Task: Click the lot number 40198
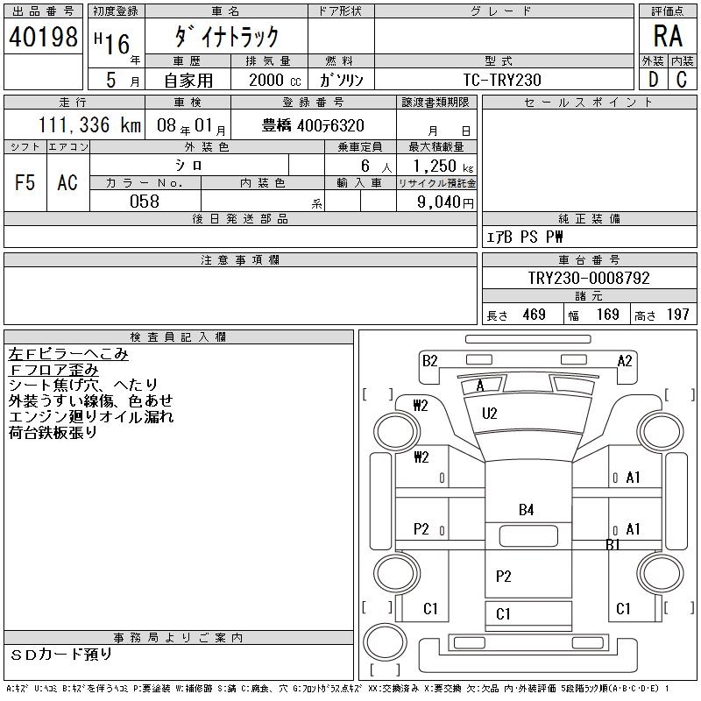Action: pyautogui.click(x=42, y=38)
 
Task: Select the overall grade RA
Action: pyautogui.click(x=668, y=38)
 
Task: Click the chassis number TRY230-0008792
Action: pyautogui.click(x=588, y=278)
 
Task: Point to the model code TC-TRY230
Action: pyautogui.click(x=503, y=79)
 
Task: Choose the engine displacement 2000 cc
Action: pyautogui.click(x=268, y=79)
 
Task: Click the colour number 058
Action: pyautogui.click(x=145, y=201)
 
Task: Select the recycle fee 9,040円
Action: pyautogui.click(x=437, y=202)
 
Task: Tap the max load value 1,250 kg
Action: pyautogui.click(x=437, y=166)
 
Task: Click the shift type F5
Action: pyautogui.click(x=25, y=183)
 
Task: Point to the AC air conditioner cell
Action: pyautogui.click(x=67, y=183)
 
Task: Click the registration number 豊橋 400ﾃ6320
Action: pyautogui.click(x=314, y=125)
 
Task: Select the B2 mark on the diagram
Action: pyautogui.click(x=429, y=360)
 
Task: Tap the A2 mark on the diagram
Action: pyautogui.click(x=625, y=360)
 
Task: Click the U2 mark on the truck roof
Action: pyautogui.click(x=489, y=413)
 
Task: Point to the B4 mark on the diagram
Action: pyautogui.click(x=526, y=509)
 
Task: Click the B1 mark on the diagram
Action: pyautogui.click(x=613, y=544)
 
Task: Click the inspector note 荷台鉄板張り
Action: pyautogui.click(x=53, y=433)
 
